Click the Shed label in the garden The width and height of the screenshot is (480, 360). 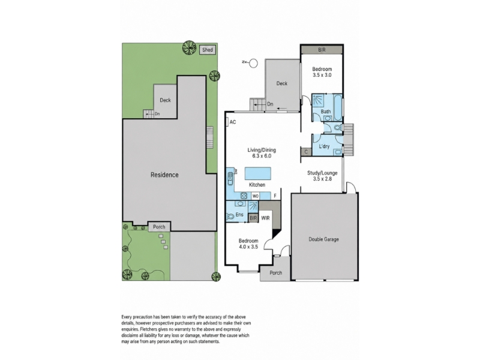pyautogui.click(x=208, y=50)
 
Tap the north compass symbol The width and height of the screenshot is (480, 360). pyautogui.click(x=253, y=64)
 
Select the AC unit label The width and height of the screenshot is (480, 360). pyautogui.click(x=233, y=122)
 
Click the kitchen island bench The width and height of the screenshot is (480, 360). pyautogui.click(x=258, y=173)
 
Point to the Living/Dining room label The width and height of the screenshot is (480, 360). pyautogui.click(x=262, y=150)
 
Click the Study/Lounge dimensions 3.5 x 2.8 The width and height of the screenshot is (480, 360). pyautogui.click(x=322, y=179)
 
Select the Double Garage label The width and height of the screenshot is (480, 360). pyautogui.click(x=323, y=239)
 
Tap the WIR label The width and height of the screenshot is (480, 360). pyautogui.click(x=265, y=218)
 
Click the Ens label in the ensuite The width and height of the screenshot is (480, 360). pyautogui.click(x=239, y=215)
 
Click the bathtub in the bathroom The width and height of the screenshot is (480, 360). pyautogui.click(x=337, y=108)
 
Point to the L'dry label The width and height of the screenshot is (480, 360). pyautogui.click(x=324, y=146)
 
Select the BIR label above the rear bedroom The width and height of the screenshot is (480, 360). pyautogui.click(x=322, y=50)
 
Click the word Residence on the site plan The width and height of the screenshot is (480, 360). pyautogui.click(x=164, y=175)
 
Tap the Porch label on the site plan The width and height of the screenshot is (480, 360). pyautogui.click(x=159, y=227)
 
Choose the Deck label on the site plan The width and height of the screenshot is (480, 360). pyautogui.click(x=166, y=100)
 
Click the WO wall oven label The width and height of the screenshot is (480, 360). pyautogui.click(x=256, y=196)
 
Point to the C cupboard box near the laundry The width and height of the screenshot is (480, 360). pyautogui.click(x=306, y=152)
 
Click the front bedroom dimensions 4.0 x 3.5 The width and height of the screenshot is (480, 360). pyautogui.click(x=248, y=247)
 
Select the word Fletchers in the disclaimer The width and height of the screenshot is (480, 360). pyautogui.click(x=149, y=329)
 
